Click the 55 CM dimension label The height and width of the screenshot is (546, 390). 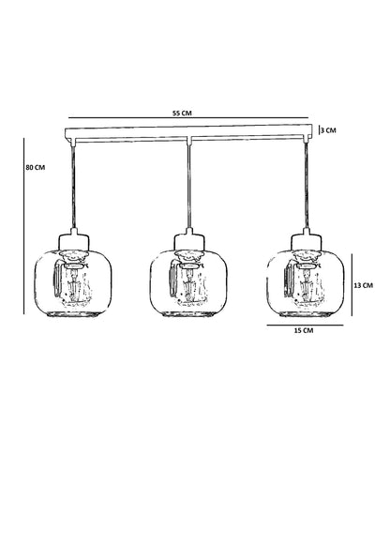pos(182,113)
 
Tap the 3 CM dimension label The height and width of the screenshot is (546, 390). pos(329,130)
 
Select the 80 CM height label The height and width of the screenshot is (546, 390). pos(36,167)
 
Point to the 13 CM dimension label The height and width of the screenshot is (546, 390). pos(363,285)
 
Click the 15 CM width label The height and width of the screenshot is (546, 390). pos(304,330)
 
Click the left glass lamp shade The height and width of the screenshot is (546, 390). pos(73,282)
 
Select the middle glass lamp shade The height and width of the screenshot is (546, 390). pos(188,282)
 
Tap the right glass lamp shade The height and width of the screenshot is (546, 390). pos(306,282)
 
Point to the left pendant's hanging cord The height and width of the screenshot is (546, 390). pos(73,186)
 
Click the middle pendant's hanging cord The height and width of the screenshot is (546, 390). pos(189,186)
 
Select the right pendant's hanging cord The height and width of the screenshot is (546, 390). pos(307,186)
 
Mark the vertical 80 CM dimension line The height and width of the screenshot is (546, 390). pos(24,226)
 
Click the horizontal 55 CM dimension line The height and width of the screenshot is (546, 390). pos(188,118)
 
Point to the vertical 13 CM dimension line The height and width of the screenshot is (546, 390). pos(352,285)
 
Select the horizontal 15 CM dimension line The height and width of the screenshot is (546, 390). pos(305,326)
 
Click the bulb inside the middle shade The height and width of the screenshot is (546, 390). pos(189,284)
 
